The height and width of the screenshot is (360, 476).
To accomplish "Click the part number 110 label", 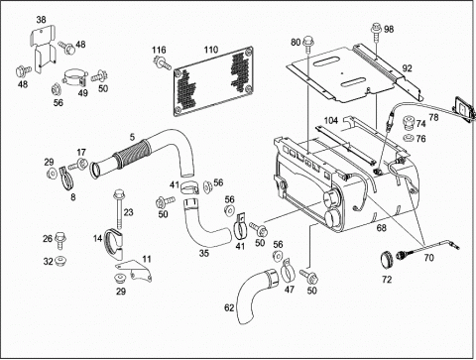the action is coord(211,50).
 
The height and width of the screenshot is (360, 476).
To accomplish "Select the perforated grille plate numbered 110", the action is coord(213,81).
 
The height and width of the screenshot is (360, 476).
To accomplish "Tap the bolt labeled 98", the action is coord(376,32).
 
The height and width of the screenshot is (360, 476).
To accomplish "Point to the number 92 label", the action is coord(407,68).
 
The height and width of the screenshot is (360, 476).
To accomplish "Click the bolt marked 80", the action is coord(307,45).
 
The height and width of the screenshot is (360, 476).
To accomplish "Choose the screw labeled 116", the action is coord(163,63).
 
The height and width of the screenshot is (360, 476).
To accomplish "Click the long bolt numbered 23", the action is coord(118,208).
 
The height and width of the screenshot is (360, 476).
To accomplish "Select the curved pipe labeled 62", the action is coord(258,295).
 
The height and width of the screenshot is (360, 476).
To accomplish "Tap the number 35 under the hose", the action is coord(204,253).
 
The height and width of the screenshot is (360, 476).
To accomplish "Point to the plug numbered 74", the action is coord(409,123).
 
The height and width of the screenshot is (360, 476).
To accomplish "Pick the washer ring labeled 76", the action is coord(409,138).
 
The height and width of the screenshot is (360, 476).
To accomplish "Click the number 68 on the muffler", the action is coord(382,228).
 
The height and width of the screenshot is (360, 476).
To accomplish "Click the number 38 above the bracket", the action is coord(41,20).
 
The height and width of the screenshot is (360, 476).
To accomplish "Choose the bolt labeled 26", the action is coord(60,240).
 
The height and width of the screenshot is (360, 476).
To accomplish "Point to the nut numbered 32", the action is coord(60,261).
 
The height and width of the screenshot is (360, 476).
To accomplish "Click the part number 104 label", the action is coord(331,120).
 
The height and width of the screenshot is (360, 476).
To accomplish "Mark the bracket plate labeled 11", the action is coord(134,270).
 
